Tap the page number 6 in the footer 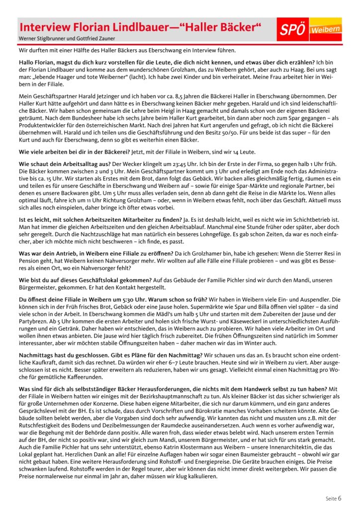coord(340,498)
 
